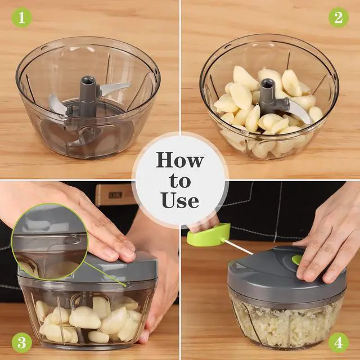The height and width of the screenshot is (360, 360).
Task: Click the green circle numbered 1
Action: click(21, 17)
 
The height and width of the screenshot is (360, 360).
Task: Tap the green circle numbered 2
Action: click(338, 17)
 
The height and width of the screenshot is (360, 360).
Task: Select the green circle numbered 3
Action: click(21, 342)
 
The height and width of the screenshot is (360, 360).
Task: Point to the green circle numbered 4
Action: click(338, 342)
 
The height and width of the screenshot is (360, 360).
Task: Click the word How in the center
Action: click(179, 160)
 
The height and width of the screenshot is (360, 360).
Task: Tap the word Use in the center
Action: click(179, 200)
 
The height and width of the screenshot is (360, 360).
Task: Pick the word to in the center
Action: click(179, 181)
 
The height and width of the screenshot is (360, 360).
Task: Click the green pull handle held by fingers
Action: click(209, 235)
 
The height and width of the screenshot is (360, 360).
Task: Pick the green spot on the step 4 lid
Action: click(296, 259)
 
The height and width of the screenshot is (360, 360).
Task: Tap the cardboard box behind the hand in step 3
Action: click(115, 194)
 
